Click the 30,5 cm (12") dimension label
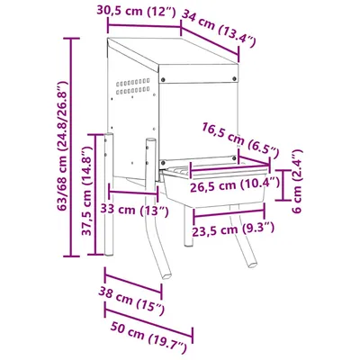tap(134, 11)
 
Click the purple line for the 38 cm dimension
tap(133, 284)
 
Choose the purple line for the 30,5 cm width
tap(142, 25)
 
